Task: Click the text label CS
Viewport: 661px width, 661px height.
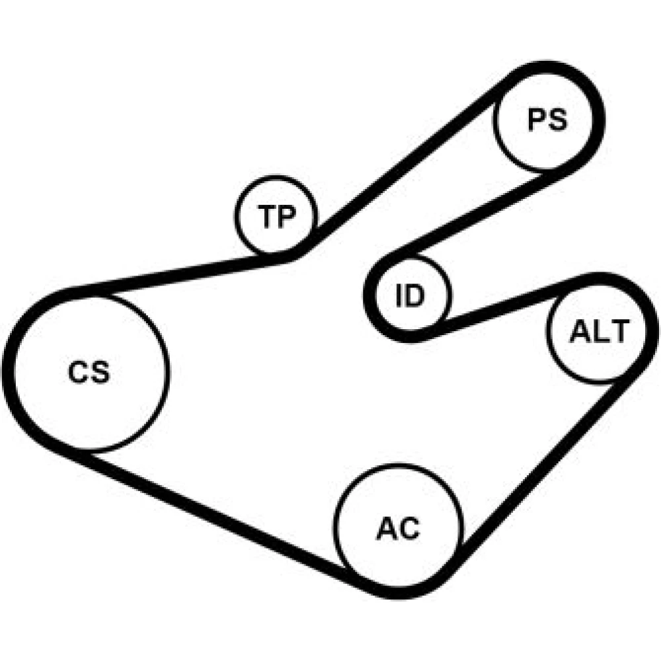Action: pos(89,372)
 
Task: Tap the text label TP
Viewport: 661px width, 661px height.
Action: pos(276,216)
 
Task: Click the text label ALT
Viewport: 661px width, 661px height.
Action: pos(599,331)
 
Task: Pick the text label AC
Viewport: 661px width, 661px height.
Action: pos(398,528)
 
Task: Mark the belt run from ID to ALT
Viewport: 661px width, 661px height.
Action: pos(506,305)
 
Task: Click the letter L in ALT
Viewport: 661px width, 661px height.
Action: pos(599,331)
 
